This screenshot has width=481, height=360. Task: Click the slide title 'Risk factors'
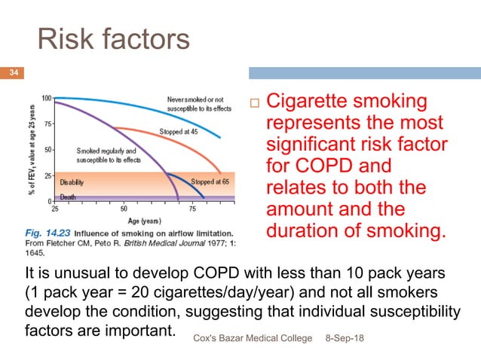point(114,39)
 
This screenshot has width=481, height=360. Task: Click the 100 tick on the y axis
point(46,98)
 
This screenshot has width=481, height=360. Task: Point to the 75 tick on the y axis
point(47,124)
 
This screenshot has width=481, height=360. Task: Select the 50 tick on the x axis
point(124,208)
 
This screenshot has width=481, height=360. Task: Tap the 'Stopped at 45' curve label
point(178,131)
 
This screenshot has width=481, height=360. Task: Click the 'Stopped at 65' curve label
point(212,182)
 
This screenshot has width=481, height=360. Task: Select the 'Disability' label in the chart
point(72,182)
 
